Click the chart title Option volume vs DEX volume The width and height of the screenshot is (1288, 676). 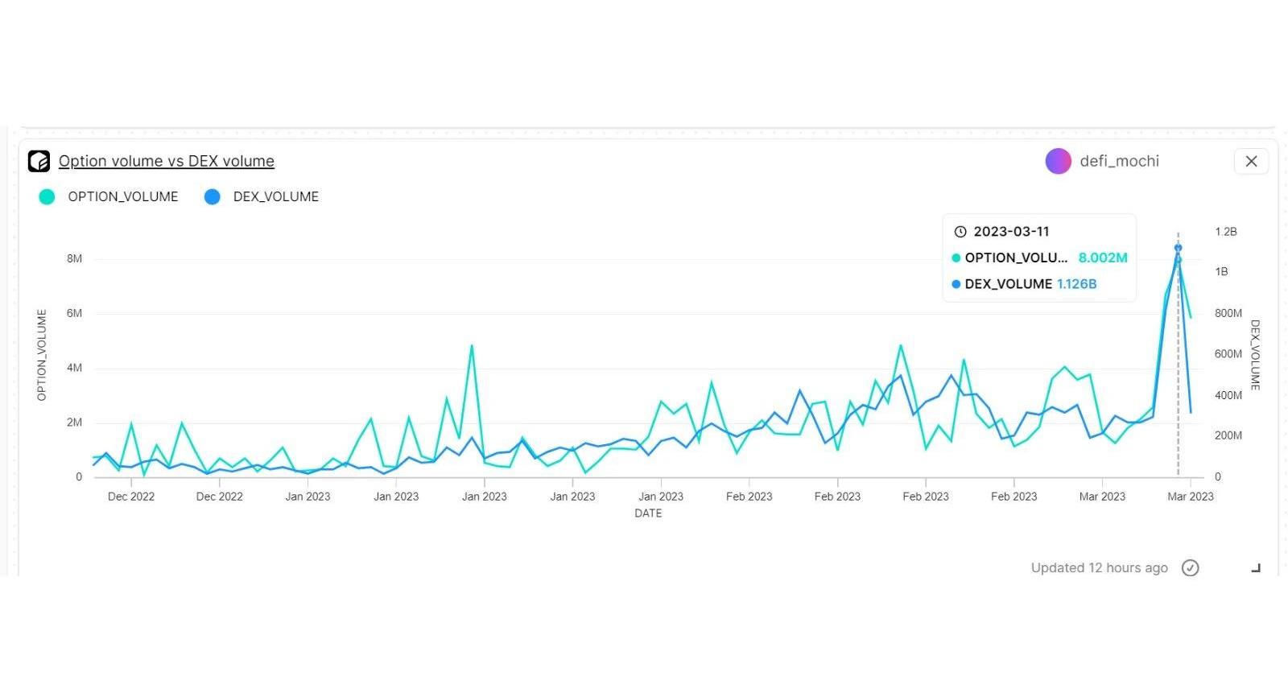166,161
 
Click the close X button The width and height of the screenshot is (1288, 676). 1251,161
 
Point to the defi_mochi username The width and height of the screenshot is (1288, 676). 1119,161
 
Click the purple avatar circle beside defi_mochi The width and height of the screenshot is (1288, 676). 1058,161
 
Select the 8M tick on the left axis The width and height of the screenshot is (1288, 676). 74,258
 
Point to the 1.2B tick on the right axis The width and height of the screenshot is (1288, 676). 1225,232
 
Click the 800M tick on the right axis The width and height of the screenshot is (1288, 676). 1228,313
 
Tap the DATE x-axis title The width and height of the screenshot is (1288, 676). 648,513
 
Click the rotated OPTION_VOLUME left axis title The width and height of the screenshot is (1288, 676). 42,355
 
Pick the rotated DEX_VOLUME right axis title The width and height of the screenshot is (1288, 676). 1255,355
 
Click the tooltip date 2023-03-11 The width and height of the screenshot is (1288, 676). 1011,232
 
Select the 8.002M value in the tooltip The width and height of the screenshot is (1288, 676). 1103,258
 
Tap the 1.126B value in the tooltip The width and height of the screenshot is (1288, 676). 1076,284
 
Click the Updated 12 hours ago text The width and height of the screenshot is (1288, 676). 1099,568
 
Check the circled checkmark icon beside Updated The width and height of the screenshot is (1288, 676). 1190,568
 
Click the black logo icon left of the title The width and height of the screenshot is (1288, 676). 39,161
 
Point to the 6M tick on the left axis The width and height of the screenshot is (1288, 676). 74,313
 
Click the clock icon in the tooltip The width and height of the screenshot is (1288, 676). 960,232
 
